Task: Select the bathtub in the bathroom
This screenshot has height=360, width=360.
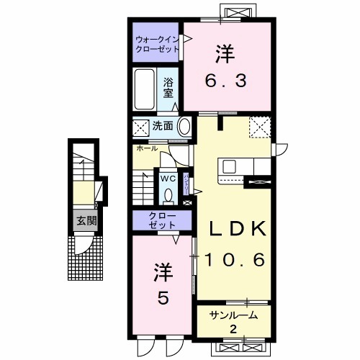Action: [146, 86]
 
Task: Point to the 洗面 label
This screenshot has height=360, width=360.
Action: [162, 126]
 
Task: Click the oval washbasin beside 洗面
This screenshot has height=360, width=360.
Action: [184, 127]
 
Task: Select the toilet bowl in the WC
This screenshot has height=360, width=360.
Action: [168, 194]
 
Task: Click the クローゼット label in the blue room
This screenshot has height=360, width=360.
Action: [161, 220]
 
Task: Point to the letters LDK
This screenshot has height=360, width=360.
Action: [238, 229]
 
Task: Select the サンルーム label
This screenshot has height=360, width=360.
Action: [234, 315]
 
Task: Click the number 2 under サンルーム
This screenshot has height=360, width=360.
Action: [234, 328]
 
